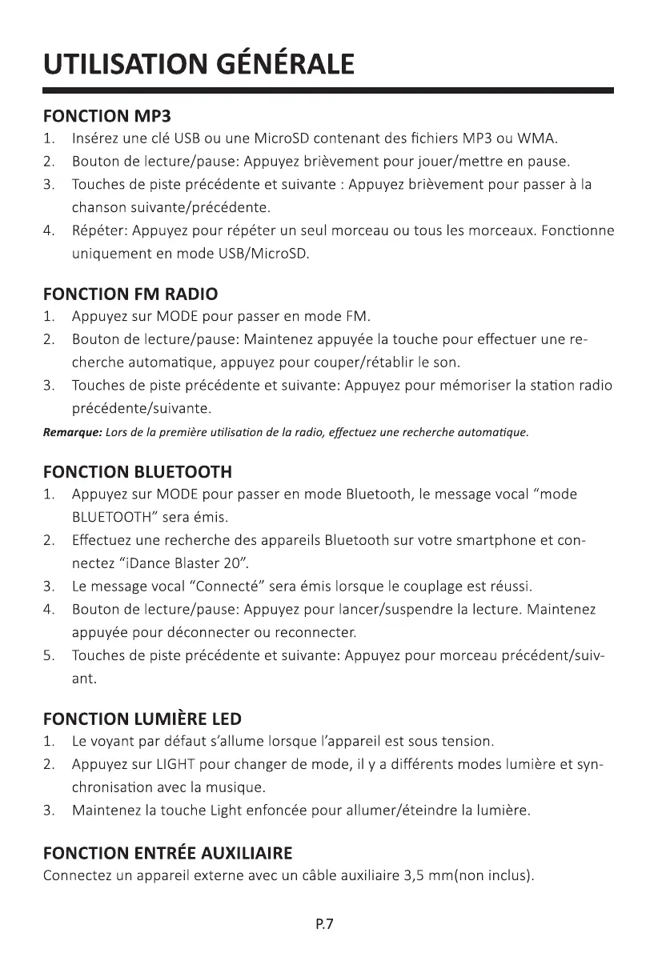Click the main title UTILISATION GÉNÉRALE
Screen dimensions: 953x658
coord(198,63)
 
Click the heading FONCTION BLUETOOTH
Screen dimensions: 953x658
coord(137,471)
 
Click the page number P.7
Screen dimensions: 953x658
coord(323,925)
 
